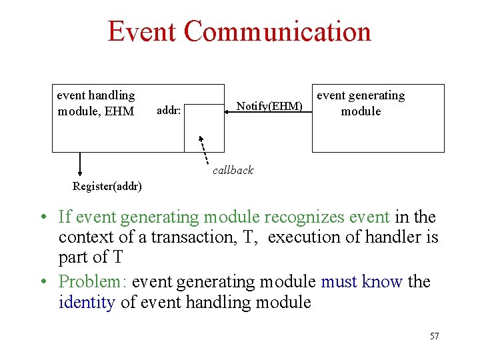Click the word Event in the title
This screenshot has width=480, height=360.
141,31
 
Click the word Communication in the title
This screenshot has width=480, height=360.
278,31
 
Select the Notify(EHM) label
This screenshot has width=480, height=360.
269,107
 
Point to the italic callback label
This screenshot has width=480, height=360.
233,171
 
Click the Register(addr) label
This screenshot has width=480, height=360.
107,186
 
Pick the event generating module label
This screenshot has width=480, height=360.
361,103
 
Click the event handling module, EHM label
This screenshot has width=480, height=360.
96,103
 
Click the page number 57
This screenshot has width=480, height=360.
434,336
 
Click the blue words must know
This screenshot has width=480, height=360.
362,282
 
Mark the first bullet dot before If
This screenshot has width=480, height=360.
42,218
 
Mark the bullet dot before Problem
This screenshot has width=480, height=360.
42,283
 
